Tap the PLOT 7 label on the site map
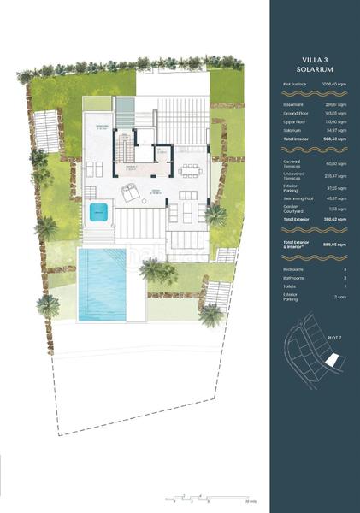coord(335,339)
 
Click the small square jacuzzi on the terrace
coord(102,210)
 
